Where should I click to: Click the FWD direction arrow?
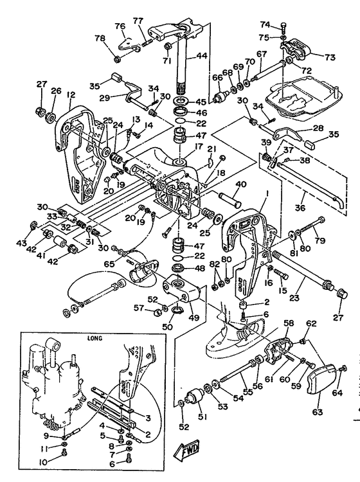(x=186, y=450)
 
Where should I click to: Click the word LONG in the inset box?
(x=94, y=338)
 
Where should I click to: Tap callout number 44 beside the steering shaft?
(x=201, y=56)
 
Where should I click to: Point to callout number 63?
(x=317, y=411)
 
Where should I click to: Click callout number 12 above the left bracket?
(x=71, y=94)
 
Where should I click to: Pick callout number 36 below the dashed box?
(x=300, y=208)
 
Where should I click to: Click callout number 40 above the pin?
(x=240, y=184)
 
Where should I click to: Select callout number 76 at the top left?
(x=120, y=26)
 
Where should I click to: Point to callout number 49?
(x=194, y=317)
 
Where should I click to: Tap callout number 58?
(x=289, y=323)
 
